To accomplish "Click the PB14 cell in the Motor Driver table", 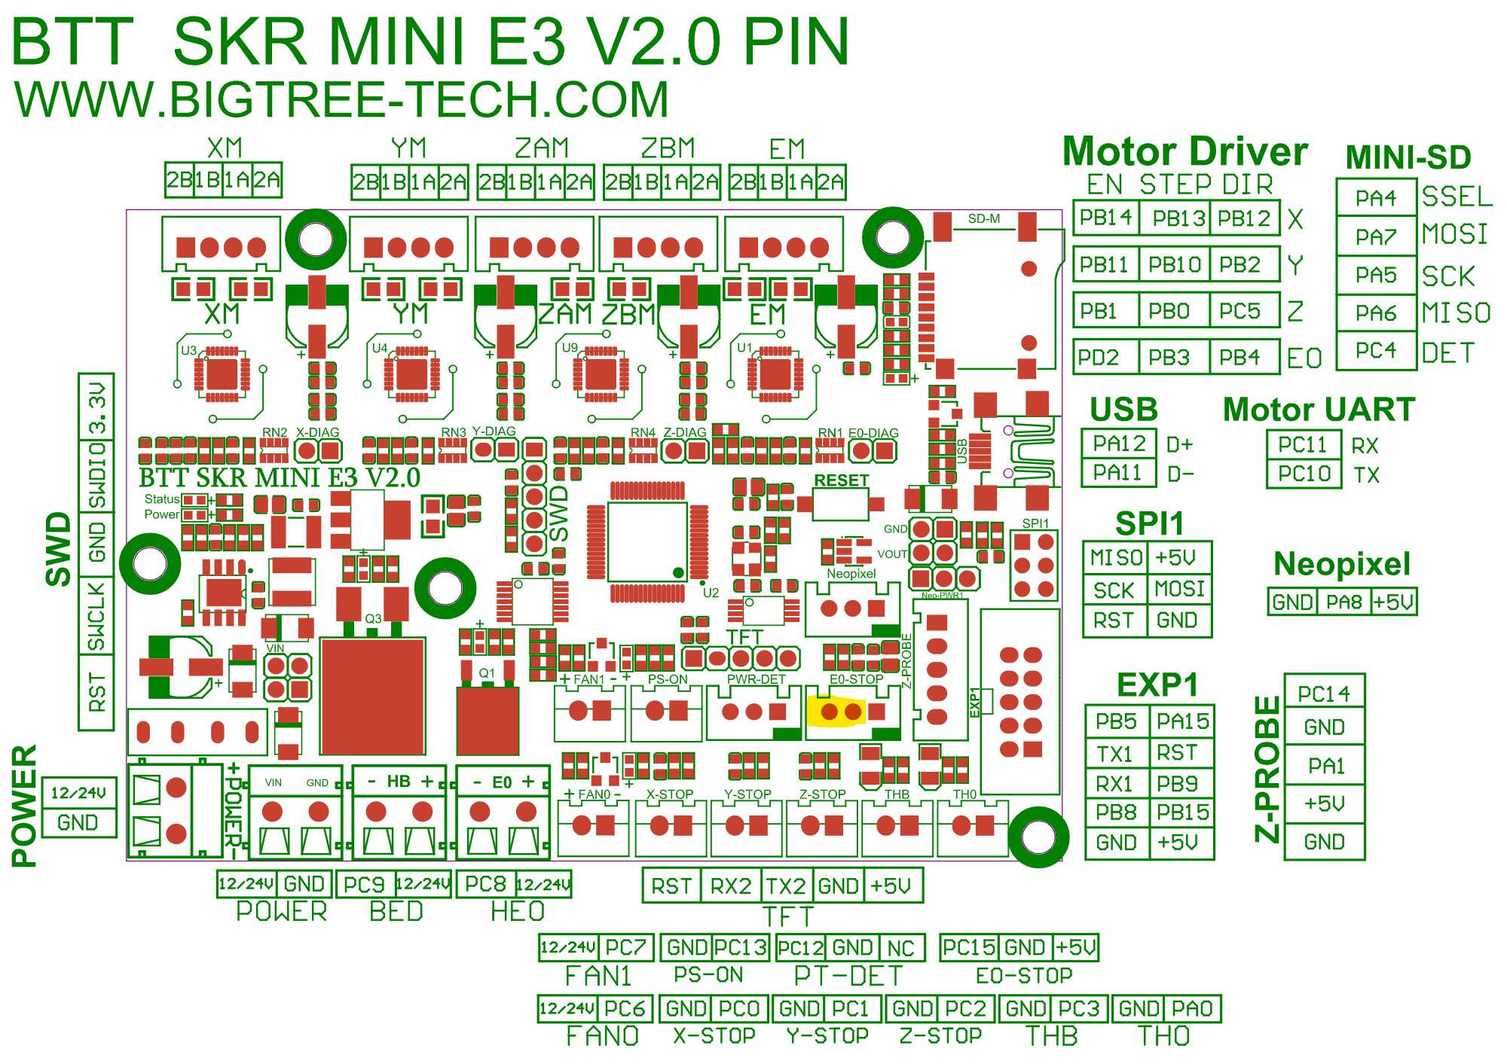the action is [x=1105, y=218].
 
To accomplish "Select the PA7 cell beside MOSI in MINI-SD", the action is [x=1375, y=237].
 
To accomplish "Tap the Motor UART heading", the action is [x=1319, y=410].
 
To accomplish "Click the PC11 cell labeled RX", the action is [x=1303, y=445].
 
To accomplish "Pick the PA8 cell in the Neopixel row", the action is [x=1343, y=602].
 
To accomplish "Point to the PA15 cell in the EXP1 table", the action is [x=1182, y=721].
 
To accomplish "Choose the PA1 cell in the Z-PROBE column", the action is [x=1325, y=766].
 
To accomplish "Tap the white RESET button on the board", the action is [x=840, y=503].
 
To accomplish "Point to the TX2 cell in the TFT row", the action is [x=786, y=886].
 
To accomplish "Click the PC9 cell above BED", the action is [x=364, y=884].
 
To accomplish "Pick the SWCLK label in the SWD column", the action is [x=96, y=617].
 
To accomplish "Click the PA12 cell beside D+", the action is [x=1118, y=444].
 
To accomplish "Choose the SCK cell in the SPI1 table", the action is [x=1114, y=590].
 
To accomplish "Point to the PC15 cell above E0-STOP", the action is [x=969, y=947].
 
